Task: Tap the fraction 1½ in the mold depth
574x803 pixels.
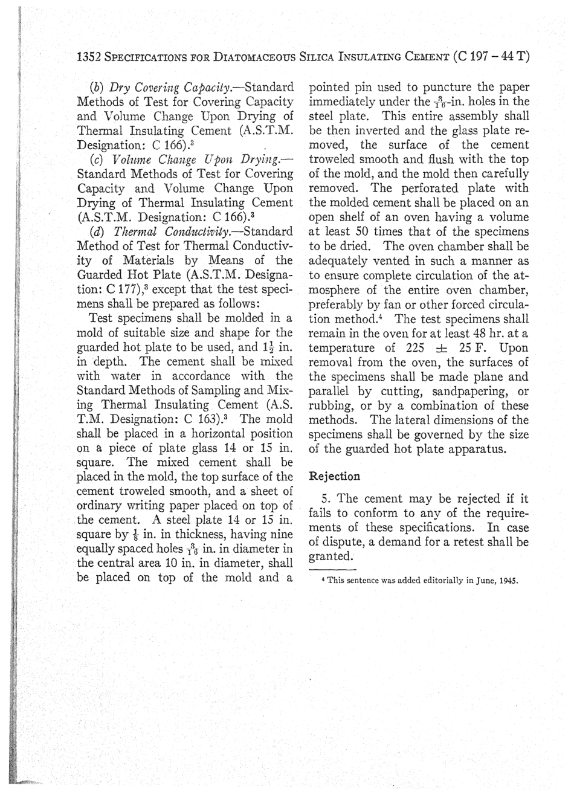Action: click(266, 347)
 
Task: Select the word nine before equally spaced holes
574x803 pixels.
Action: click(280, 535)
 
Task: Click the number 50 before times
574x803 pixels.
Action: click(363, 231)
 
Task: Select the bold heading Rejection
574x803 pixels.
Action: click(334, 476)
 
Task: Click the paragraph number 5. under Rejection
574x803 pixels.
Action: click(326, 499)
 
